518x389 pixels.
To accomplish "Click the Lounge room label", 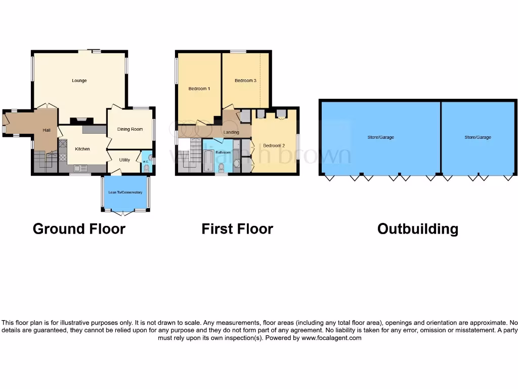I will (x=79, y=81).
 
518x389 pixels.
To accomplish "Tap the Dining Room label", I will (x=130, y=129).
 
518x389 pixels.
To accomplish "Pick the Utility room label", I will (x=124, y=160).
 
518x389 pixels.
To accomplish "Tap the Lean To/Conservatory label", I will (x=125, y=192).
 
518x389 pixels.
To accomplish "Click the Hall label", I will (x=47, y=130).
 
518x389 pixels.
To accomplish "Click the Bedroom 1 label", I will (x=199, y=89).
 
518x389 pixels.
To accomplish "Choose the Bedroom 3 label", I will (x=245, y=81).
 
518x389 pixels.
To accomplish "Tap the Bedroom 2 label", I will (x=274, y=146).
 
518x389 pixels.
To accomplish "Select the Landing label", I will (x=231, y=132).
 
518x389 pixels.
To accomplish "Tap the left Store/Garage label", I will (x=380, y=137).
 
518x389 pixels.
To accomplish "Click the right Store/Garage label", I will (x=478, y=137).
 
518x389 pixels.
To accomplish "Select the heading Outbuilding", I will (x=418, y=229).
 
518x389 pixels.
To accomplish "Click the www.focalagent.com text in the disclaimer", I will (x=331, y=338).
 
